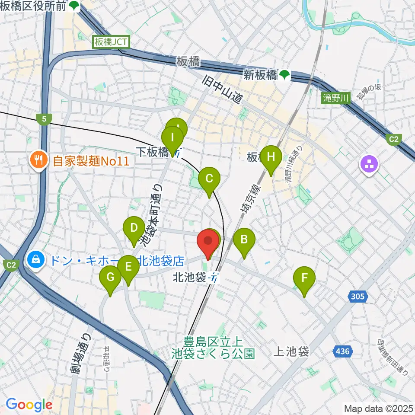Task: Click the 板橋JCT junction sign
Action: [110, 42]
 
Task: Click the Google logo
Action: [29, 405]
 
